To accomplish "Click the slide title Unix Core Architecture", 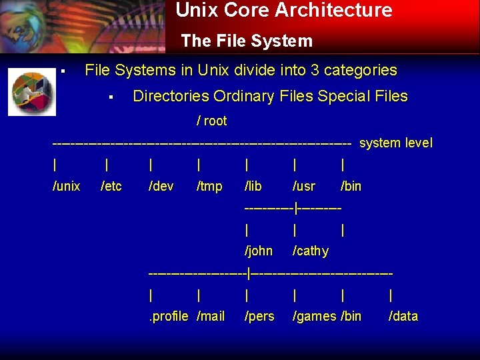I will (284, 11).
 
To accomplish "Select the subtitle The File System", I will (247, 41).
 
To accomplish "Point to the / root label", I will (211, 121).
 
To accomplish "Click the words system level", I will (396, 143).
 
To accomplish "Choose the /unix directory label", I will (66, 187).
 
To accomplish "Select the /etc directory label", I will (111, 187).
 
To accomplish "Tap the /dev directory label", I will (162, 187).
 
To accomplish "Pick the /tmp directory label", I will (209, 187).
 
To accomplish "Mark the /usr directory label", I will (304, 187).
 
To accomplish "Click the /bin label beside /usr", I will (351, 187).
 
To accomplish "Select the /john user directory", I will (259, 251).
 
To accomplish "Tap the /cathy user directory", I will (311, 251).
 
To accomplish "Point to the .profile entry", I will (169, 317).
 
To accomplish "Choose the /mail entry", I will (211, 317).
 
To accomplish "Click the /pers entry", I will (259, 317).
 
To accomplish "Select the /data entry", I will (403, 317).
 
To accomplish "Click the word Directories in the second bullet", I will (171, 97).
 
